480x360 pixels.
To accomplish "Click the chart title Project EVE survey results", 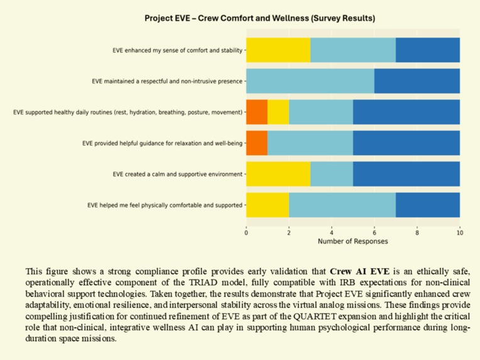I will (259, 18).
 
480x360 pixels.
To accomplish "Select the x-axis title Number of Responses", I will (352, 241).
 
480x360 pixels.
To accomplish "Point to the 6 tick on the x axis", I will (374, 231).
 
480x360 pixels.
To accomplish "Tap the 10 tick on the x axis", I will (460, 231).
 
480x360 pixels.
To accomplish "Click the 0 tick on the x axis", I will (246, 231).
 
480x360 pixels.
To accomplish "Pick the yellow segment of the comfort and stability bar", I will (278, 50).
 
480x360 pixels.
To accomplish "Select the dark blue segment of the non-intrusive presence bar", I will (417, 81).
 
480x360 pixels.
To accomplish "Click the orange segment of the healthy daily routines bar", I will (256, 112).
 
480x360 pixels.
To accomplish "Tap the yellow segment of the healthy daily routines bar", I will (278, 112).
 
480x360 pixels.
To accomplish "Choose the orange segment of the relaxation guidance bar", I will (256, 143).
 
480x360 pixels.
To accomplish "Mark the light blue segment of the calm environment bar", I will (331, 174).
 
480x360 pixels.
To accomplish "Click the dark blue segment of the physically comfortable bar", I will (428, 205).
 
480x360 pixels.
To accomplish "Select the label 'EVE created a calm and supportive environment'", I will (178, 174).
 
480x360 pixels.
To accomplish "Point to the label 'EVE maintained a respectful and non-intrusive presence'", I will (167, 81).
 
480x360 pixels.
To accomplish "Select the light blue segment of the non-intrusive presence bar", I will (310, 81).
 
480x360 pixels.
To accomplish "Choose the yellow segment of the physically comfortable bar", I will (268, 205).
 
